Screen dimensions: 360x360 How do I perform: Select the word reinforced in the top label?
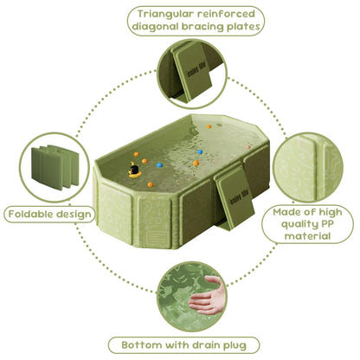226,14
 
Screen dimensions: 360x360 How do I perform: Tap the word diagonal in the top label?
155,27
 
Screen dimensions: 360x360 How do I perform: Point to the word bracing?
202,27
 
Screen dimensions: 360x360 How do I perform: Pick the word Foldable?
30,214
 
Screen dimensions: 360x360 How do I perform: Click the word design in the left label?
74,215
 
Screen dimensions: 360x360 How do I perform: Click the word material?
307,236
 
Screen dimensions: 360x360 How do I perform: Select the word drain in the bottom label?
206,345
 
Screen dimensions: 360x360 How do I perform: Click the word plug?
235,346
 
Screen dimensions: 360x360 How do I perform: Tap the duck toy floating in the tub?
134,170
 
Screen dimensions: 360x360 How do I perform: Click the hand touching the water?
206,297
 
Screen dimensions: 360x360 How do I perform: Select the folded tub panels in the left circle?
55,167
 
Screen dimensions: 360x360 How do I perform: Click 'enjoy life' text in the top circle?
196,70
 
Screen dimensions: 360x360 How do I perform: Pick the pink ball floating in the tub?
247,147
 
